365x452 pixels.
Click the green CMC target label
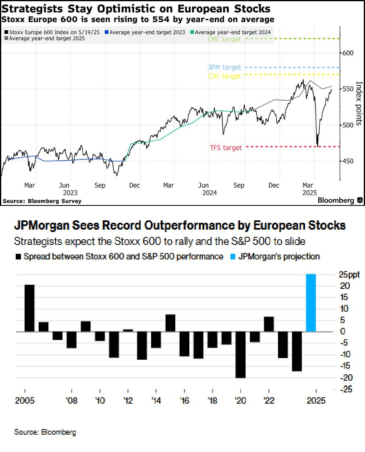[x=224, y=39]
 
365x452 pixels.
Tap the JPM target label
[x=225, y=68]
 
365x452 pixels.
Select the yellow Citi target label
[x=224, y=76]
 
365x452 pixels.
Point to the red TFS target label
[x=226, y=148]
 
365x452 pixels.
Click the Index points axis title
[x=359, y=103]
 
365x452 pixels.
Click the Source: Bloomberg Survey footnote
[x=42, y=201]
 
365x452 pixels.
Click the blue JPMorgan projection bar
[x=311, y=303]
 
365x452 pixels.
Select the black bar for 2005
[x=29, y=308]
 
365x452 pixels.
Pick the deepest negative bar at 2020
[x=241, y=355]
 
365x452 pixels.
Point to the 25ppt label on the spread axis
[x=349, y=275]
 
